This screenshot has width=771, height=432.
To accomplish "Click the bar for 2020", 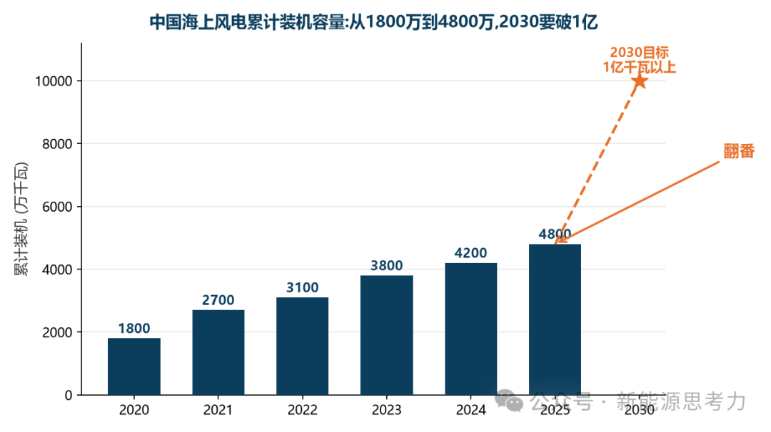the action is tap(133, 366).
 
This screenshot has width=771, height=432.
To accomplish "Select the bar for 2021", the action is tap(218, 352).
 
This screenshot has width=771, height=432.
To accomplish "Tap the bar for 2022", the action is tap(303, 346).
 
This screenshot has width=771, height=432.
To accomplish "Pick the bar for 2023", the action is tap(386, 335).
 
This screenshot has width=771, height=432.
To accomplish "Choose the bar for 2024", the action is tap(471, 329).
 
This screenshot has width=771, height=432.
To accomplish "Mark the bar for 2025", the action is tap(555, 319).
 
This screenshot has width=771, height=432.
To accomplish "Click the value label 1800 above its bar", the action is tap(133, 329).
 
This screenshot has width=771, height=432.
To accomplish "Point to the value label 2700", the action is tap(218, 300).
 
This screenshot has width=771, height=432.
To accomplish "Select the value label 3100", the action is tap(303, 288).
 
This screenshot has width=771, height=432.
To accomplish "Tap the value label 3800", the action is tap(386, 266).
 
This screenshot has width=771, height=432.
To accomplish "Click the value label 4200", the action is tap(471, 253).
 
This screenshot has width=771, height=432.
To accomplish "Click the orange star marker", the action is tap(639, 81).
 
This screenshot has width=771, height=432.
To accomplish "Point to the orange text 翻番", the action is tap(739, 151).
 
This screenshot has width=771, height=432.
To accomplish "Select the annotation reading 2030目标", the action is tap(639, 53).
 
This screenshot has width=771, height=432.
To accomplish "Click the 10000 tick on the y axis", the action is tap(54, 81).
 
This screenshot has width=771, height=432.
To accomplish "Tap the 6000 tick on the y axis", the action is tap(58, 207).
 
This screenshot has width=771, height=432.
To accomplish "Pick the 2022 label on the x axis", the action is tap(303, 410).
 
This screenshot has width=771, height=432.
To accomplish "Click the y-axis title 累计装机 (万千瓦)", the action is tap(21, 219).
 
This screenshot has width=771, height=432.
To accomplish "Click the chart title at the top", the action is tap(373, 22).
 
